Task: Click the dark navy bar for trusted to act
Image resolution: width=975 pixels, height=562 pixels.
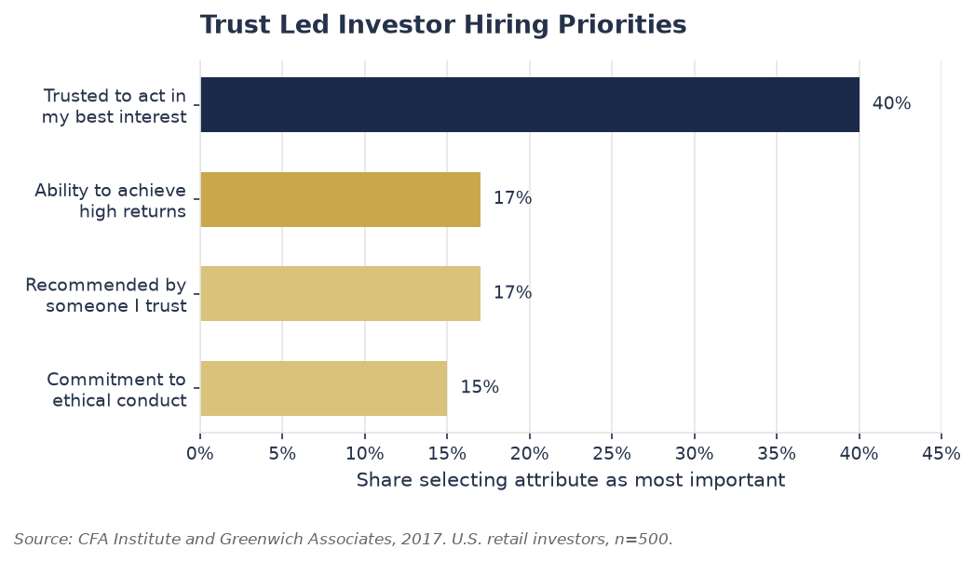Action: pyautogui.click(x=530, y=104)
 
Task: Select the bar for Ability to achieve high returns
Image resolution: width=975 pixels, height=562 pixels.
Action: pyautogui.click(x=340, y=199)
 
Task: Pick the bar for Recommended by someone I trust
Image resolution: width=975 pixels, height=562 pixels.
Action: pyautogui.click(x=340, y=294)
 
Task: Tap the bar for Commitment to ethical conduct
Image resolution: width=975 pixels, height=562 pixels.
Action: pyautogui.click(x=323, y=388)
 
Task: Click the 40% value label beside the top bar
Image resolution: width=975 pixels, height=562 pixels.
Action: pyautogui.click(x=891, y=103)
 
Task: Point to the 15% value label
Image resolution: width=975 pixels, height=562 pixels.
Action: pyautogui.click(x=480, y=387)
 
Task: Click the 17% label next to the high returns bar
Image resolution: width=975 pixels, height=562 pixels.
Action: pyautogui.click(x=512, y=198)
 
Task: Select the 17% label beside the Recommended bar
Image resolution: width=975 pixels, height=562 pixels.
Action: pyautogui.click(x=512, y=292)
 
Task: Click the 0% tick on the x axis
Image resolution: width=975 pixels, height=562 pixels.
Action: pyautogui.click(x=200, y=454)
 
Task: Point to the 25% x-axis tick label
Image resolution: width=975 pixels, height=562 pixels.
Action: pyautogui.click(x=612, y=454)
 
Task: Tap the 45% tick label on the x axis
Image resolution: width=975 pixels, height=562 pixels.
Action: pyautogui.click(x=941, y=454)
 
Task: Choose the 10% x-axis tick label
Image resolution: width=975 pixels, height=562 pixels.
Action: pyautogui.click(x=365, y=454)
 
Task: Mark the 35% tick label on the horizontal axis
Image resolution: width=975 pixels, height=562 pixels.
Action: pyautogui.click(x=777, y=454)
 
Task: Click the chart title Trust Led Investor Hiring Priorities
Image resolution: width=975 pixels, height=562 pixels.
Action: pyautogui.click(x=443, y=25)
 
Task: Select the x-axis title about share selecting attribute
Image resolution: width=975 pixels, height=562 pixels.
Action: pyautogui.click(x=571, y=480)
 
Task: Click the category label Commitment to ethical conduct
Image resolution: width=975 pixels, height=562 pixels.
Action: pyautogui.click(x=116, y=389)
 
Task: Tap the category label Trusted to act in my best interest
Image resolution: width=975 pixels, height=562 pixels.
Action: pyautogui.click(x=114, y=106)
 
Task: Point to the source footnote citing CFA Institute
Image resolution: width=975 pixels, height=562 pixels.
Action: pyautogui.click(x=344, y=539)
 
